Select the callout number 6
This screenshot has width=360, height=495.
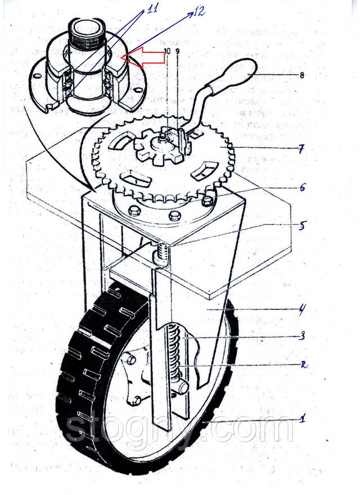click(302, 188)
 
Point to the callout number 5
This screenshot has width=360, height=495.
click(302, 227)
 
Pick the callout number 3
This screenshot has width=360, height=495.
click(302, 337)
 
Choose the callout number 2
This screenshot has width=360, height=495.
click(302, 364)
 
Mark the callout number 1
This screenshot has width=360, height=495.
click(302, 418)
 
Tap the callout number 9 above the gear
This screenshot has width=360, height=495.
click(178, 51)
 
